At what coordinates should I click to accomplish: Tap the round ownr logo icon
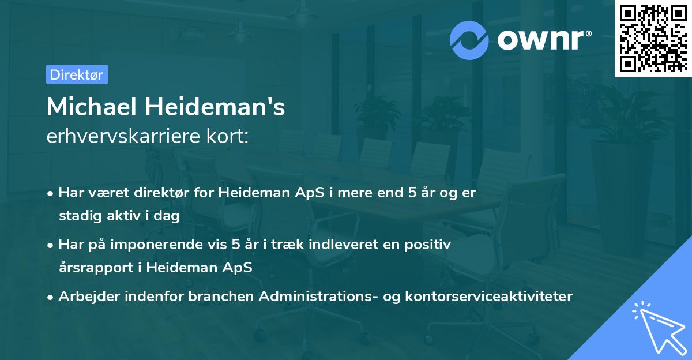469,39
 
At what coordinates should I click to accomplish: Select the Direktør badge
77,74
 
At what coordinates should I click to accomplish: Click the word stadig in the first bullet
77,216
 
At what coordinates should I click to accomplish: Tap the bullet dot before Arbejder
51,297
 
